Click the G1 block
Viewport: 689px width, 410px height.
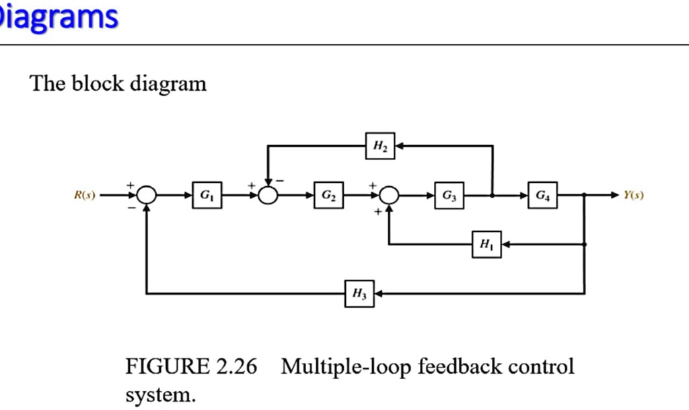point(206,196)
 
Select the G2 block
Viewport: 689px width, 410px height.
point(328,196)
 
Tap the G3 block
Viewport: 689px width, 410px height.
point(449,196)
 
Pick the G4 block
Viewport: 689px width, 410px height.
point(542,196)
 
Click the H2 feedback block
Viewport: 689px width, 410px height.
point(380,146)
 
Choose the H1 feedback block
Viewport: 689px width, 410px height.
point(486,245)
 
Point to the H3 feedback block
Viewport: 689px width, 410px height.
point(359,294)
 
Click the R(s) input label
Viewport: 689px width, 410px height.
point(85,196)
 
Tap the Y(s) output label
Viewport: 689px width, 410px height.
point(633,196)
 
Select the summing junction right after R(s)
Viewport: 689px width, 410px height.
point(146,196)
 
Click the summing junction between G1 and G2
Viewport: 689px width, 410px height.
point(268,196)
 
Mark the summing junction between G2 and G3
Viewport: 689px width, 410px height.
point(389,196)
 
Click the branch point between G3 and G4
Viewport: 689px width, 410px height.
point(493,196)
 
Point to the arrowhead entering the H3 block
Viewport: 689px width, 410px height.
point(378,294)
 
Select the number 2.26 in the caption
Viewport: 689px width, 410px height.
point(238,367)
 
